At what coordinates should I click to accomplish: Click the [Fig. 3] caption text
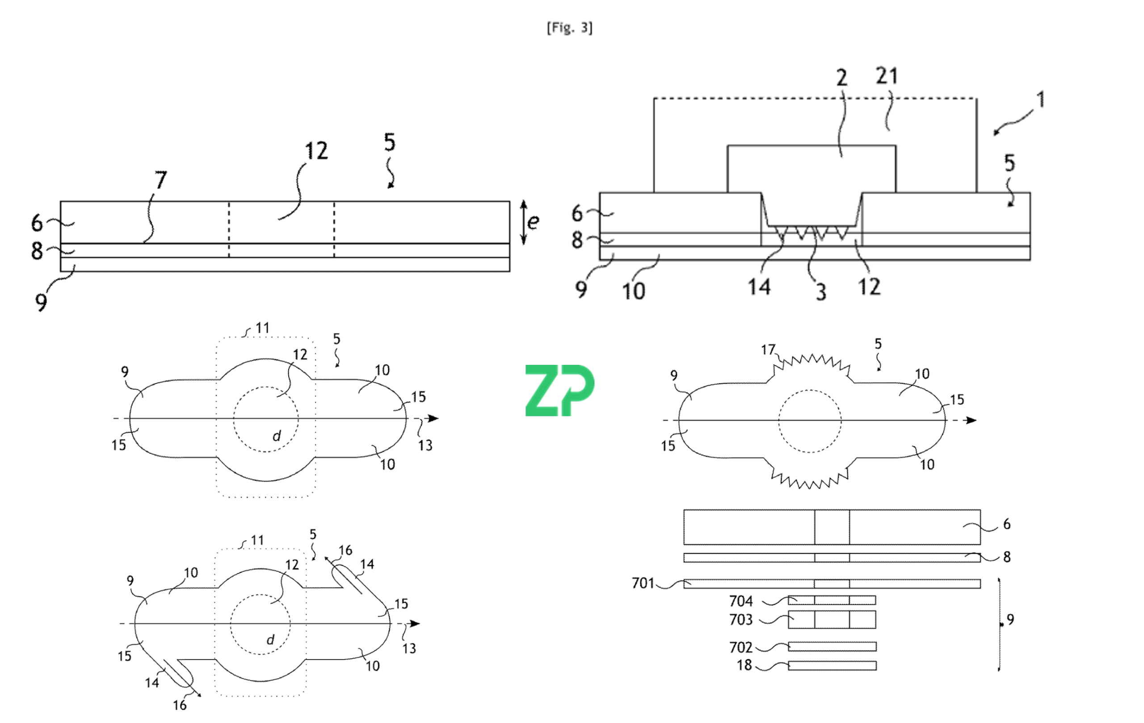pyautogui.click(x=569, y=28)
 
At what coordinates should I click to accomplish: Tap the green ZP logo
pyautogui.click(x=559, y=390)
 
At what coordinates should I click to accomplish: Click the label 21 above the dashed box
pyautogui.click(x=887, y=76)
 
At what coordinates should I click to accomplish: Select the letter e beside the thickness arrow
pyautogui.click(x=533, y=221)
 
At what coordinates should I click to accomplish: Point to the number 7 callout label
pyautogui.click(x=160, y=180)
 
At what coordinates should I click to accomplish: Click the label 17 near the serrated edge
pyautogui.click(x=768, y=350)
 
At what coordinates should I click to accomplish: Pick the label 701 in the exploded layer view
pyautogui.click(x=643, y=583)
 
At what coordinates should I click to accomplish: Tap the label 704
pyautogui.click(x=740, y=601)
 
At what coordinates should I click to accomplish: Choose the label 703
pyautogui.click(x=740, y=619)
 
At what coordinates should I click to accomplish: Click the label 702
pyautogui.click(x=740, y=647)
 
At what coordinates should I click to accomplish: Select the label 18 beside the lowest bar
pyautogui.click(x=744, y=665)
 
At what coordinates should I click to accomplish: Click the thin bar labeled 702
pyautogui.click(x=832, y=647)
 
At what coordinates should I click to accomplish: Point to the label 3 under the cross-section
pyautogui.click(x=821, y=292)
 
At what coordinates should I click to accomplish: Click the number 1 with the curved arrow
pyautogui.click(x=1040, y=100)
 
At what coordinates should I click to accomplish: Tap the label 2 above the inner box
pyautogui.click(x=841, y=78)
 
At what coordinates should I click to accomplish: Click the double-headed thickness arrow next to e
pyautogui.click(x=524, y=222)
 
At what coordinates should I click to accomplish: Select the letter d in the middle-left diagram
pyautogui.click(x=277, y=435)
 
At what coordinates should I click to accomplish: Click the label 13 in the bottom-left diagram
pyautogui.click(x=409, y=648)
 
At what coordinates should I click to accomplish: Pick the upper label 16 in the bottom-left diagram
pyautogui.click(x=345, y=550)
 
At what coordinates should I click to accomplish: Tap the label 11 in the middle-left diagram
pyautogui.click(x=262, y=328)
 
